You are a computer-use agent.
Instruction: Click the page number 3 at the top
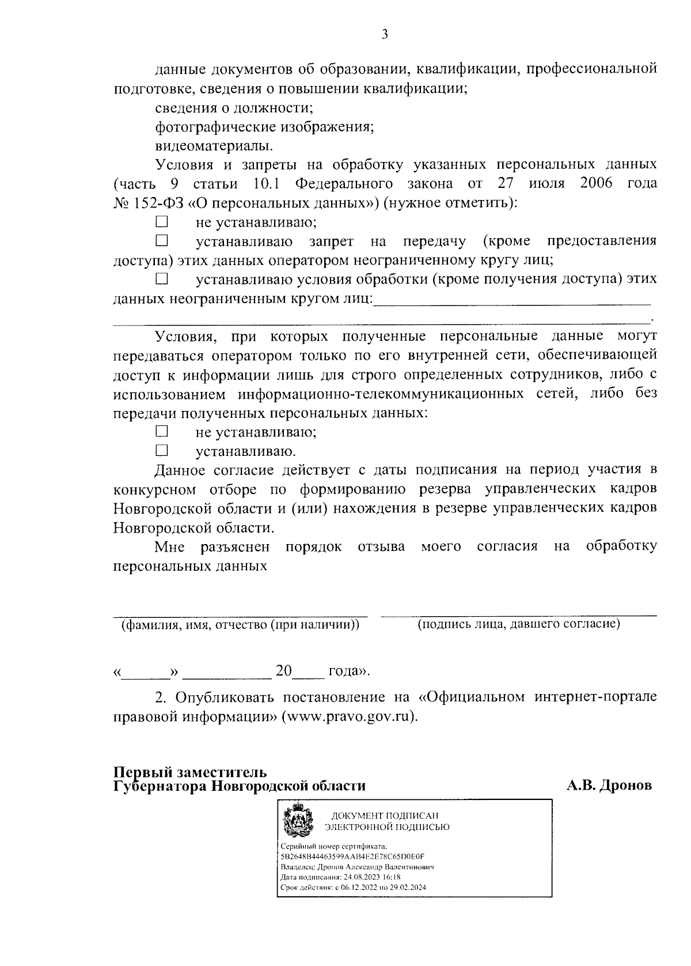385,35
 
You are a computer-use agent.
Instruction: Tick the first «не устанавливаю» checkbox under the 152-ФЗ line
162,221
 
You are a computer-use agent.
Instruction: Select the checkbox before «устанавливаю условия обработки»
162,280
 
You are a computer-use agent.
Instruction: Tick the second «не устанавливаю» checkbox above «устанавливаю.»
162,431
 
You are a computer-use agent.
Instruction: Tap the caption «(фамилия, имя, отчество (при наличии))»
240,625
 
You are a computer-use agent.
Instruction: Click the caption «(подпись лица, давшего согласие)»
518,624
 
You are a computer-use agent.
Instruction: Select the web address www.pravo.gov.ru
348,717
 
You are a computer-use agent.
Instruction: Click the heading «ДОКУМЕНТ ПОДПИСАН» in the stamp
384,816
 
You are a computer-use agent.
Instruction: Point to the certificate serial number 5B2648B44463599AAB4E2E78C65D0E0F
351,856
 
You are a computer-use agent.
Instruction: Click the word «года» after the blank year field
347,671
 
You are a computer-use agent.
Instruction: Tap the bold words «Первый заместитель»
190,772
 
